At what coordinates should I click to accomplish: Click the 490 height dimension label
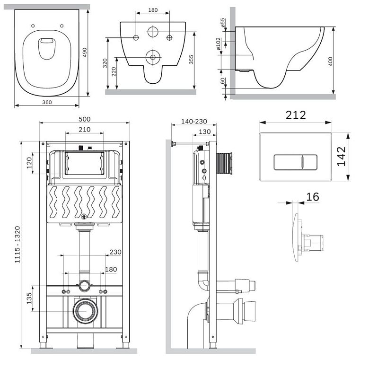[x=85, y=53]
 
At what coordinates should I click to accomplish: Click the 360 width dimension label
[x=47, y=102]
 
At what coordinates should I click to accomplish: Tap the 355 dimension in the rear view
[x=191, y=59]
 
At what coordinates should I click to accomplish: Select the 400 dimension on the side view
[x=330, y=61]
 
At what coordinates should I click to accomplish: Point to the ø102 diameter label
[x=219, y=44]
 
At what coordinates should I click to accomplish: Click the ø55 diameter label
[x=223, y=23]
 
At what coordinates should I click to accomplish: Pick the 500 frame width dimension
[x=85, y=119]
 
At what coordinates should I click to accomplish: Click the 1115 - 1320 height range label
[x=18, y=245]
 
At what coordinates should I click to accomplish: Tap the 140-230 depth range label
[x=194, y=122]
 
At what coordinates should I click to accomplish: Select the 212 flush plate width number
[x=296, y=115]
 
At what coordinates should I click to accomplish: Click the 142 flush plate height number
[x=342, y=157]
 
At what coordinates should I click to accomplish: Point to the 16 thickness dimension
[x=313, y=197]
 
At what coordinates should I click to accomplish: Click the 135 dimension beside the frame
[x=29, y=299]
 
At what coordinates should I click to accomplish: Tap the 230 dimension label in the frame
[x=115, y=252]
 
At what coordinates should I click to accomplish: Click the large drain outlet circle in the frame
[x=85, y=311]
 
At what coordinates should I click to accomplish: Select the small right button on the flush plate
[x=309, y=162]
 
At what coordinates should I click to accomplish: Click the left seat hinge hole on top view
[x=33, y=26]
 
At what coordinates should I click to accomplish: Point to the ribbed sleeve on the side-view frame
[x=224, y=163]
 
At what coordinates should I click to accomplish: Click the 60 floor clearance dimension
[x=223, y=81]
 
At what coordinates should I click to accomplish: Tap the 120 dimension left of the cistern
[x=29, y=163]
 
